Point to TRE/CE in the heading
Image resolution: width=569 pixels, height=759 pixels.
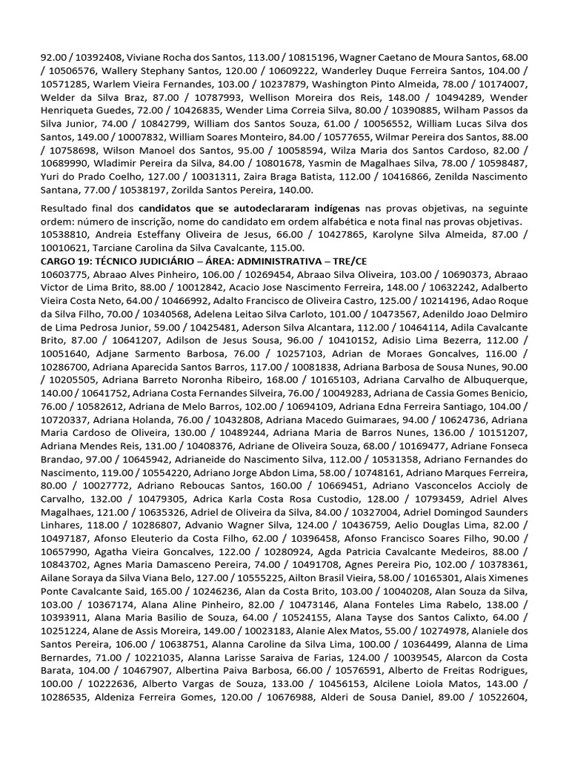[x=353, y=261]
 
